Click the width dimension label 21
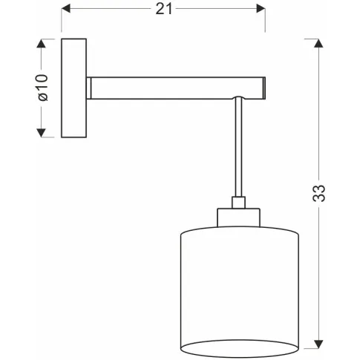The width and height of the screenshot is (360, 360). [163, 10]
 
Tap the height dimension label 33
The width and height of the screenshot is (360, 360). [318, 193]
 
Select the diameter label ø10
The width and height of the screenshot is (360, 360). [43, 88]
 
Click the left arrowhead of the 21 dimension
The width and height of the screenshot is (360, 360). [66, 9]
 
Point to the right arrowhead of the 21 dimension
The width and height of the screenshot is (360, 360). [261, 9]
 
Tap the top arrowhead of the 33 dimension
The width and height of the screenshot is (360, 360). [318, 43]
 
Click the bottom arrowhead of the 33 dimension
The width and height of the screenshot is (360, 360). [318, 344]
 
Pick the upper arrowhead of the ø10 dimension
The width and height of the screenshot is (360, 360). [41, 43]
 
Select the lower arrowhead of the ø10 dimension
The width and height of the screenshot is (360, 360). [41, 133]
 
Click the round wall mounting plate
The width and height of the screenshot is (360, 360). [73, 88]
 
